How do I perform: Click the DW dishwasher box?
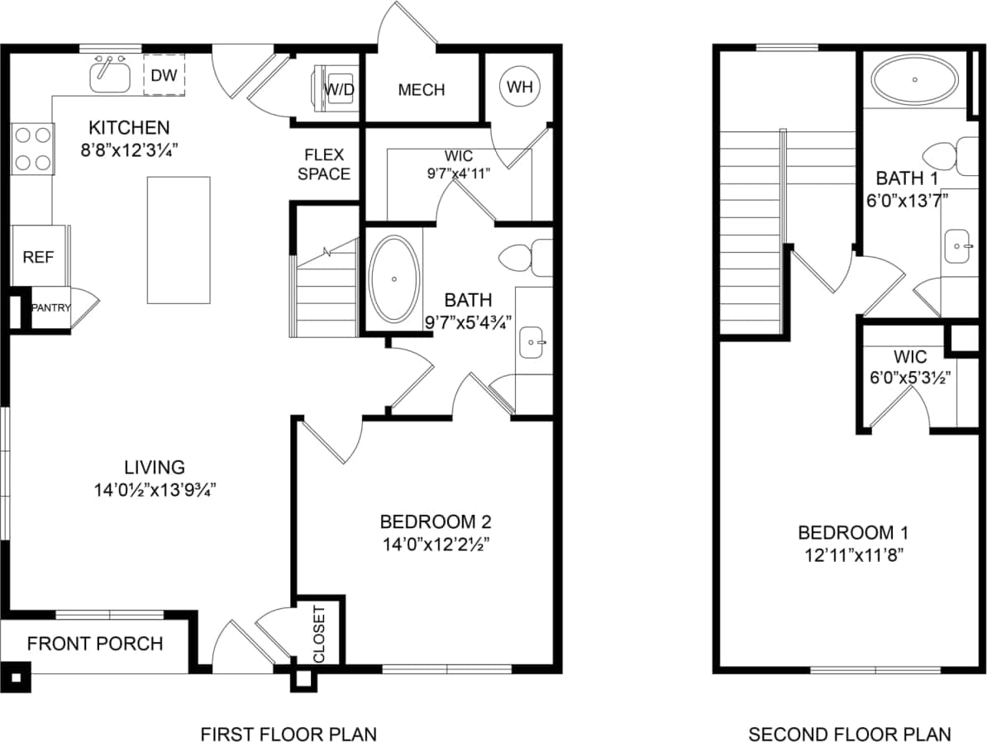[164, 75]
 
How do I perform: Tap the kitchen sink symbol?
[110, 76]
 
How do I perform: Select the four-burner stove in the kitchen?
[32, 149]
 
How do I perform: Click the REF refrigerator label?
[38, 257]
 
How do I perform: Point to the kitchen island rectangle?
[179, 240]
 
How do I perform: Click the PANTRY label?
[50, 308]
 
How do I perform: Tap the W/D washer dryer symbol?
[336, 88]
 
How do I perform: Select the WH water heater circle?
[520, 86]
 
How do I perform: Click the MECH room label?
[422, 89]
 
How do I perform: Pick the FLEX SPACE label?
[324, 164]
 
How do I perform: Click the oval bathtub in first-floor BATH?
[393, 280]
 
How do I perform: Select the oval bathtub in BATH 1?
[914, 80]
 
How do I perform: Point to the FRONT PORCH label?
[95, 644]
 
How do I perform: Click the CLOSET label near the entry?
[319, 635]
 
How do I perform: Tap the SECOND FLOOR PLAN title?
[849, 734]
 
